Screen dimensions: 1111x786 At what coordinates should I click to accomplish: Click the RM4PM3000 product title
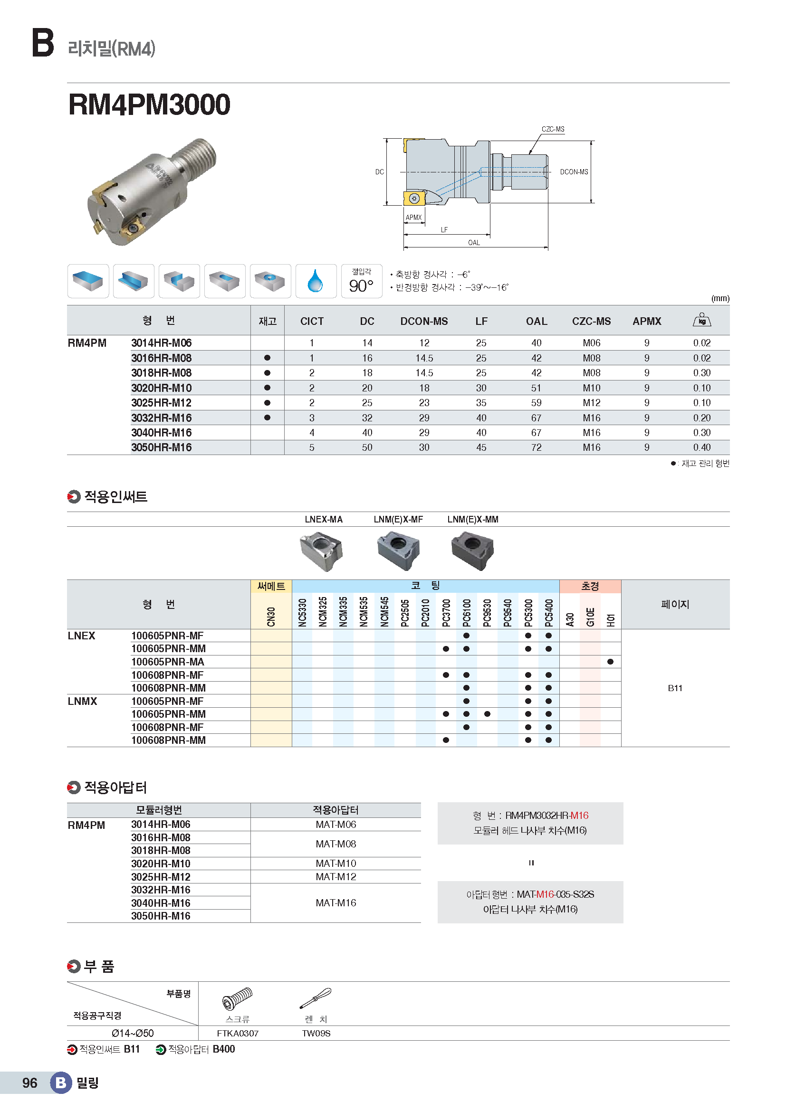149,104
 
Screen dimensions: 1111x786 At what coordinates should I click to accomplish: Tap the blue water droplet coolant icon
316,281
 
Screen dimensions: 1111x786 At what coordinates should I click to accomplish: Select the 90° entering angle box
362,281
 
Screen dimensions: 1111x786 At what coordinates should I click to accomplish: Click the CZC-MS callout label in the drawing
553,129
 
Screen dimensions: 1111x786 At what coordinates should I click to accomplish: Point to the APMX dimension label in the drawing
413,218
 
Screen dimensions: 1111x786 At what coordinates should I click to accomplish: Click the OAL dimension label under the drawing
474,243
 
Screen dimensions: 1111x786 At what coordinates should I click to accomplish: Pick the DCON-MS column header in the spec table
424,321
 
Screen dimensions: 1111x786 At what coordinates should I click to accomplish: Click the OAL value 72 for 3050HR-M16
536,447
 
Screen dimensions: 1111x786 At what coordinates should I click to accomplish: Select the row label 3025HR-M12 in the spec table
161,403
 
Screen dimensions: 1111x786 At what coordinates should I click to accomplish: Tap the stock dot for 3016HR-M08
267,358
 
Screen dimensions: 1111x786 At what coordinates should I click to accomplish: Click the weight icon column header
702,320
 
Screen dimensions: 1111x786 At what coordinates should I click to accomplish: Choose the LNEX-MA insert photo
321,551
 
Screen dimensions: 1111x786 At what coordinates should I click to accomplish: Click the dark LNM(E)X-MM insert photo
472,551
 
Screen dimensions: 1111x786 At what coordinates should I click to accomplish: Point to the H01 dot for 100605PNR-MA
610,662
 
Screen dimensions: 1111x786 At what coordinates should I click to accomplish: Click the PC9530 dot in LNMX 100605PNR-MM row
487,714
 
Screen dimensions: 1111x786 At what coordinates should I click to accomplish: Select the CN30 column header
271,617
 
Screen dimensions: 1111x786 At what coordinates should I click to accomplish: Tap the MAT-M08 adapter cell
336,844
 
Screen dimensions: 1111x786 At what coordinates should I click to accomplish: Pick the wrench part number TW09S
316,1034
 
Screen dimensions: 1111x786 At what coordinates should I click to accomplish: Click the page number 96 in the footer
29,1083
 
